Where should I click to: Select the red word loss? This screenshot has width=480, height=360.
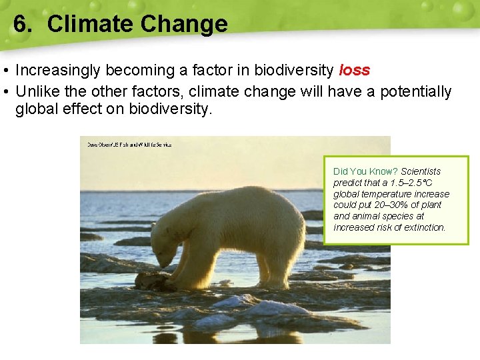pos(354,70)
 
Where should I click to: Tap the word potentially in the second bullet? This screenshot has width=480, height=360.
pos(415,91)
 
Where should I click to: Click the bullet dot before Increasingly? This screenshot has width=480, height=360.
pos(5,71)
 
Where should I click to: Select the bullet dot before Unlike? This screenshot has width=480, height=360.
pos(5,92)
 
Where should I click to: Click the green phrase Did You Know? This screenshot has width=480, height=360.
pos(365,171)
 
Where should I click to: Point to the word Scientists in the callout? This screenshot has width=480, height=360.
pos(421,171)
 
